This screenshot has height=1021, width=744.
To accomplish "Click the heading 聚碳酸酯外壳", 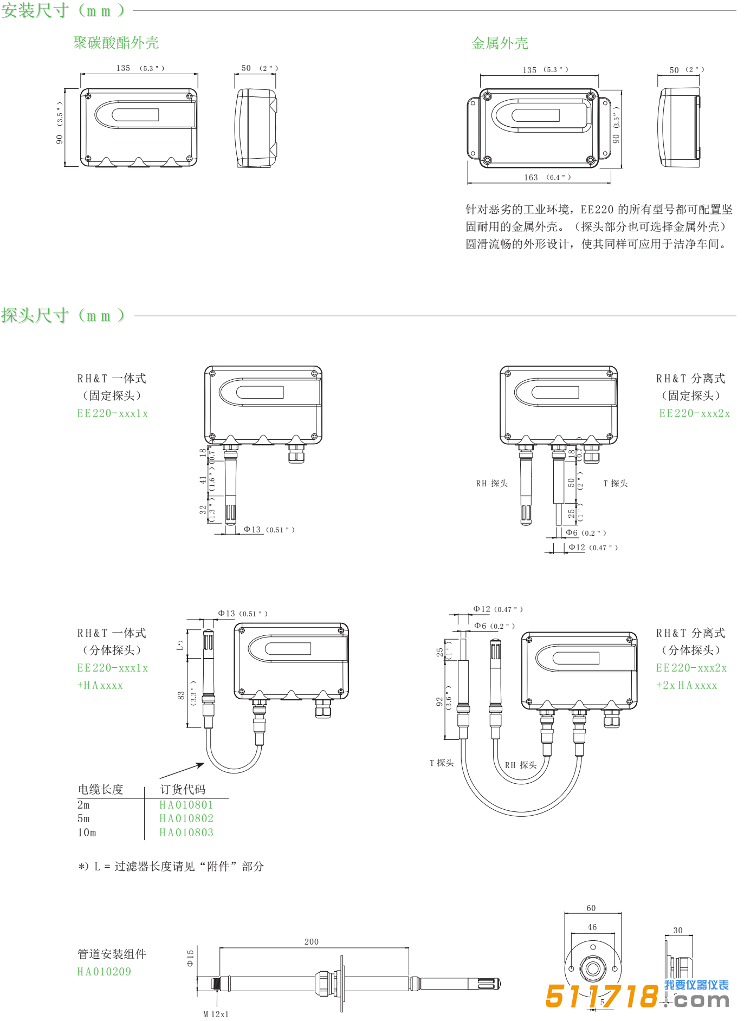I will tap(116, 43).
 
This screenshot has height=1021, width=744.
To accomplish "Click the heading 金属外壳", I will tap(500, 43).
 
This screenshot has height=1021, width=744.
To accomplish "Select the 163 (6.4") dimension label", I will tap(547, 178).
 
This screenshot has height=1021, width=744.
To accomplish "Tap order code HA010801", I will tap(186, 805).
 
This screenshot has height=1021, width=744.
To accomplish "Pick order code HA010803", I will tap(186, 833).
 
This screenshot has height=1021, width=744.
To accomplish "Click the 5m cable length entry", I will tap(83, 818).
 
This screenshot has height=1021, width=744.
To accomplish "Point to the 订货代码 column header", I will tap(183, 789).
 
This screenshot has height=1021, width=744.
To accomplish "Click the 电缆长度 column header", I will tap(101, 789).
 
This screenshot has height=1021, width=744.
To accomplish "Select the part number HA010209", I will tap(104, 972).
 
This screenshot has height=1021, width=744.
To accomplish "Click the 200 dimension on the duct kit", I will tap(312, 942).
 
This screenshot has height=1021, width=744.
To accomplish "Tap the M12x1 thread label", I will tap(216, 1015).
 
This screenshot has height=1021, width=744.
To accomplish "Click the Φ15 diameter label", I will tap(190, 958).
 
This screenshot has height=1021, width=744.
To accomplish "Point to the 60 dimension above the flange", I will tap(591, 908).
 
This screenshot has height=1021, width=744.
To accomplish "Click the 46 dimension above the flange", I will tap(592, 927).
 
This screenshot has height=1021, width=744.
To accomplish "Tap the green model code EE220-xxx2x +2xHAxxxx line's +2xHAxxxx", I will tap(687, 685).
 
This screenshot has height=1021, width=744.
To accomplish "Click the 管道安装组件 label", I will tap(112, 954).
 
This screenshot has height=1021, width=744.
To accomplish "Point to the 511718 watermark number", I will tap(601, 997).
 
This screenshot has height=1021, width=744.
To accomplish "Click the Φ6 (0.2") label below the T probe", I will tap(586, 533).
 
